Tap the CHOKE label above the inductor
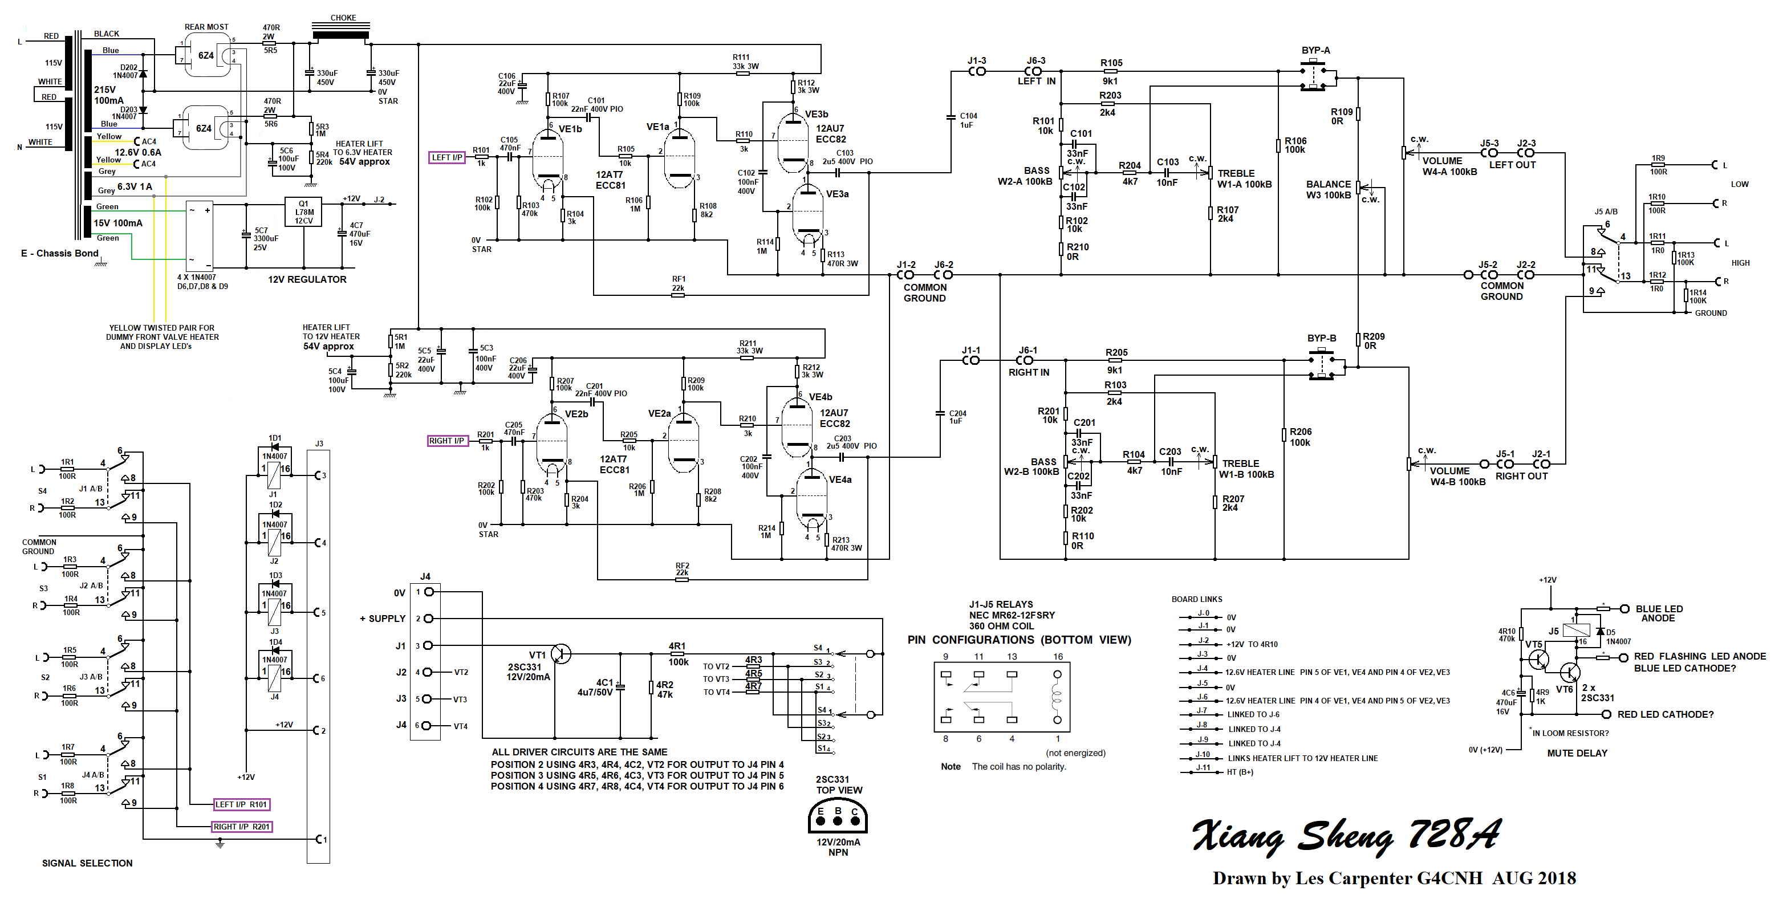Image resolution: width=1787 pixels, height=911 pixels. click(x=343, y=18)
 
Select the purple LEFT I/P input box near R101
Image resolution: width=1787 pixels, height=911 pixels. click(x=448, y=157)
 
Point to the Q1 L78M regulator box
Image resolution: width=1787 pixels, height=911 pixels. click(x=303, y=212)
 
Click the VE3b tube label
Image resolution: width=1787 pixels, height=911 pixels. click(x=817, y=115)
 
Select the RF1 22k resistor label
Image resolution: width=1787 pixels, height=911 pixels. click(x=678, y=284)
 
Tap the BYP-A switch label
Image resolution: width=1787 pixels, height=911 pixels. click(x=1315, y=51)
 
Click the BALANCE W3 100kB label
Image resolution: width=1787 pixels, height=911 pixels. click(x=1329, y=189)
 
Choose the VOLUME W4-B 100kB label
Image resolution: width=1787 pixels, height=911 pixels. click(x=1457, y=476)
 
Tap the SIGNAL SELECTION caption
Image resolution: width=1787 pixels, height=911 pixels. click(x=87, y=863)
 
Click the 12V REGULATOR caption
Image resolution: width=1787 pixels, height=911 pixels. click(x=307, y=279)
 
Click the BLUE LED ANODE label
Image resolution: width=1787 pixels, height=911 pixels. click(x=1659, y=613)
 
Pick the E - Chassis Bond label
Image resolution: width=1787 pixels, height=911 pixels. click(x=60, y=253)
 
